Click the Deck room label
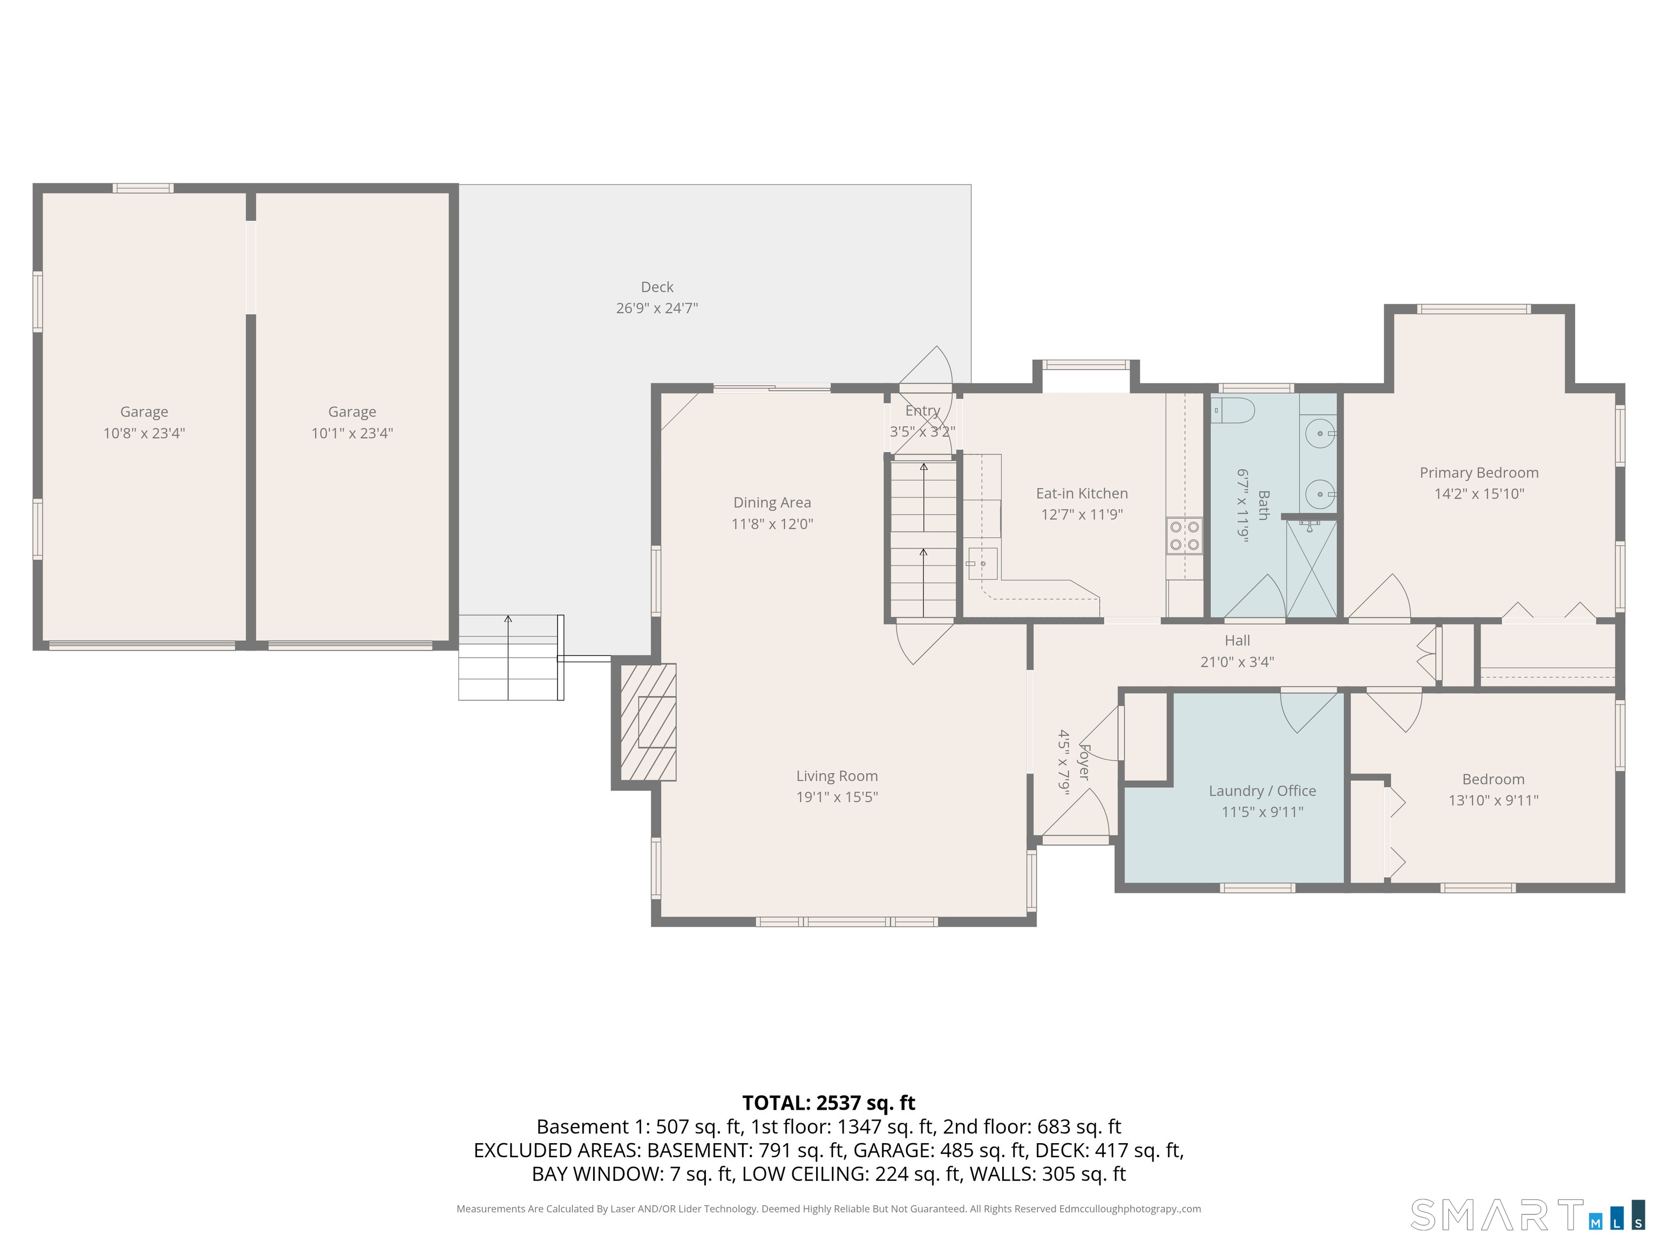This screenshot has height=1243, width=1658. coord(657,287)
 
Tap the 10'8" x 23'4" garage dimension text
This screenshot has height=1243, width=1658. coord(144,433)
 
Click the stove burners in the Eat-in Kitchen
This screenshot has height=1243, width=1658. coord(1184,536)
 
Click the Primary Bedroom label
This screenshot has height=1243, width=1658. coord(1478,473)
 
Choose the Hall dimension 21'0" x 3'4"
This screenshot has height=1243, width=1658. coord(1237,661)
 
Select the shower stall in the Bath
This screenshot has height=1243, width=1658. coord(1311,569)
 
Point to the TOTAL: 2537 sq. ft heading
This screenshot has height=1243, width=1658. coord(828,1103)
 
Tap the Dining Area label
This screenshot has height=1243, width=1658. coord(772,503)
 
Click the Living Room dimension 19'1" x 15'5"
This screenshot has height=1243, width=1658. coord(837,797)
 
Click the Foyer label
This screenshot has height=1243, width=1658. coord(1084,761)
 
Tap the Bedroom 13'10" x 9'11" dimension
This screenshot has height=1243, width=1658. coord(1493,800)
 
